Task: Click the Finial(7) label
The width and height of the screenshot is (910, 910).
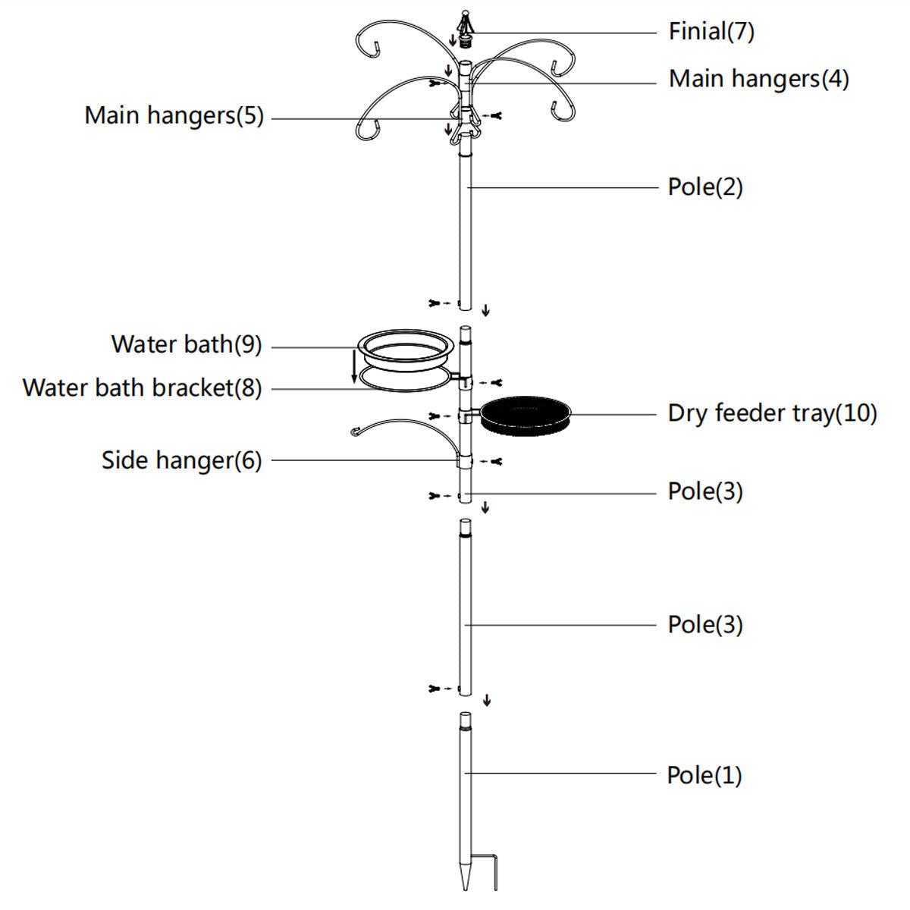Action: coord(711,32)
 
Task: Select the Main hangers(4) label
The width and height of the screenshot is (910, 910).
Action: coord(758,79)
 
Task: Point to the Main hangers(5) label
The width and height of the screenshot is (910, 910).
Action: coord(174,116)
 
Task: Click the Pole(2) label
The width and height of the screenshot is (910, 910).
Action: coord(705,187)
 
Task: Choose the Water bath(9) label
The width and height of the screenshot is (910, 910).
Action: coord(187,344)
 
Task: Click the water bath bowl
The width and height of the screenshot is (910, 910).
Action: coord(406,350)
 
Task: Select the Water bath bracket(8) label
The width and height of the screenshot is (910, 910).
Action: coord(142,388)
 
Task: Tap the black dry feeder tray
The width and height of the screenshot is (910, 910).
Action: coord(525,416)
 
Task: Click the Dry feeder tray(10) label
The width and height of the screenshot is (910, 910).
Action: coord(772,414)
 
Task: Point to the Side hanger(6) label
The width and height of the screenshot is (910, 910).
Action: coord(182,460)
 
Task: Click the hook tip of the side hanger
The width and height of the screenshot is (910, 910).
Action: coord(355,431)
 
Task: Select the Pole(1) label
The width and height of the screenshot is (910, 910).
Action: coord(704,776)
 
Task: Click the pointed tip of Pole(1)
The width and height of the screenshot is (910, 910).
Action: coord(465,888)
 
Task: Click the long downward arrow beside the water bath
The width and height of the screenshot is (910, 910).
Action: coord(354,366)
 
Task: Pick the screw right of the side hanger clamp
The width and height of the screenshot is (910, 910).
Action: coord(492,461)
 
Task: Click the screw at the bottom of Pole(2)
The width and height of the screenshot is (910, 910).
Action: coord(440,303)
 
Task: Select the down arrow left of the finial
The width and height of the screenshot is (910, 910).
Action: coord(453,39)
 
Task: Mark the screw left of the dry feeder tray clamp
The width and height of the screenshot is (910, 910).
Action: coord(440,416)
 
